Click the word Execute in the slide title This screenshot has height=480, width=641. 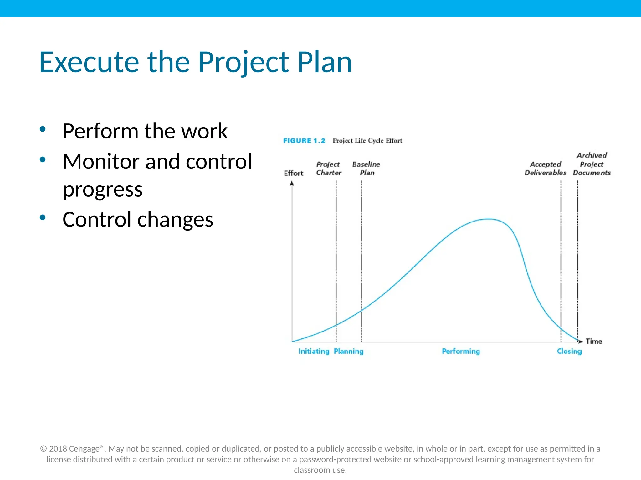pos(89,62)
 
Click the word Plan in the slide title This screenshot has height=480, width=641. pos(325,62)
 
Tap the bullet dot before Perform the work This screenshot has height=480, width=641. pos(43,129)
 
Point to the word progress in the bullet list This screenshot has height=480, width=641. pos(103,190)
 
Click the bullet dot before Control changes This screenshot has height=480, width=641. pos(43,217)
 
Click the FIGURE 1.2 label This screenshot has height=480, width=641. pos(304,141)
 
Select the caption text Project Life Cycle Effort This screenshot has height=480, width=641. pos(367,141)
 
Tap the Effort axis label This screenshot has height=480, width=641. pos(293,173)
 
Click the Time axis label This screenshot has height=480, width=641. pos(594,341)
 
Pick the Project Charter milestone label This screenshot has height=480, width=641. pos(328,168)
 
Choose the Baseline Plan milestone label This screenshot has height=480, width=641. pos(366,168)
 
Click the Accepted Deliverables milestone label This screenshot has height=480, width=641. pos(545,168)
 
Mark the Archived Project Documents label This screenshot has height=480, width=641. pos(592,164)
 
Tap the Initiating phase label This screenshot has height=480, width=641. pos(314,351)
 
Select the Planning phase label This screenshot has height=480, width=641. pos(349,351)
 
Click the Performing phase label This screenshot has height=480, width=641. pos(461,351)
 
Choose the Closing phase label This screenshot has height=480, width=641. pos(569,351)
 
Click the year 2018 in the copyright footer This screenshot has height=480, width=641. pos(58,449)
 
